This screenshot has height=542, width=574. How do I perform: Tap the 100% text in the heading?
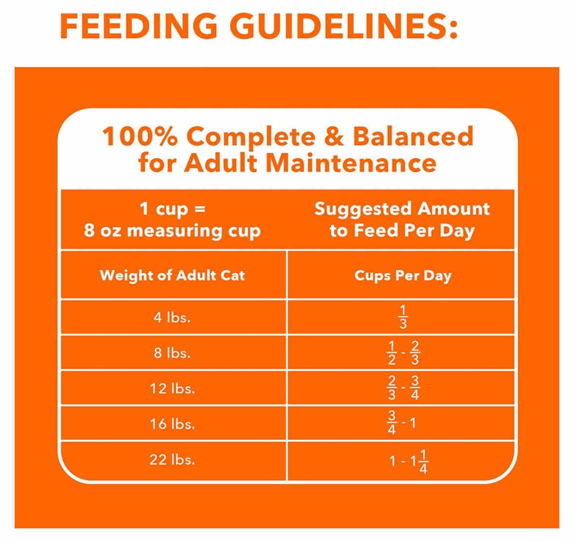tap(139, 137)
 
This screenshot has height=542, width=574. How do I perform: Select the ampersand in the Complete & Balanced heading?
tap(333, 137)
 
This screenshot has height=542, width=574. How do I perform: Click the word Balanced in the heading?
tap(413, 137)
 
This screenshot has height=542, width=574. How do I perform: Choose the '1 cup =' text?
tap(172, 209)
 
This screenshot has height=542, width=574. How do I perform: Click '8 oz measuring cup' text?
tap(172, 230)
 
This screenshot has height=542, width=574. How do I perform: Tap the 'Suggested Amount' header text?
tap(402, 209)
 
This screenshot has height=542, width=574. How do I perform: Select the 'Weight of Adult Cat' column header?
tap(172, 276)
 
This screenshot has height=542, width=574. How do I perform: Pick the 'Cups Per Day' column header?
tap(403, 276)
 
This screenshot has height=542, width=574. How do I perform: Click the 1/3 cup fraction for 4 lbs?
tap(403, 317)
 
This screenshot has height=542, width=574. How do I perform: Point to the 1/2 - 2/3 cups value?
tap(403, 353)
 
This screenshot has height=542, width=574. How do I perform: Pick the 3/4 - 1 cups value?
tap(402, 423)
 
